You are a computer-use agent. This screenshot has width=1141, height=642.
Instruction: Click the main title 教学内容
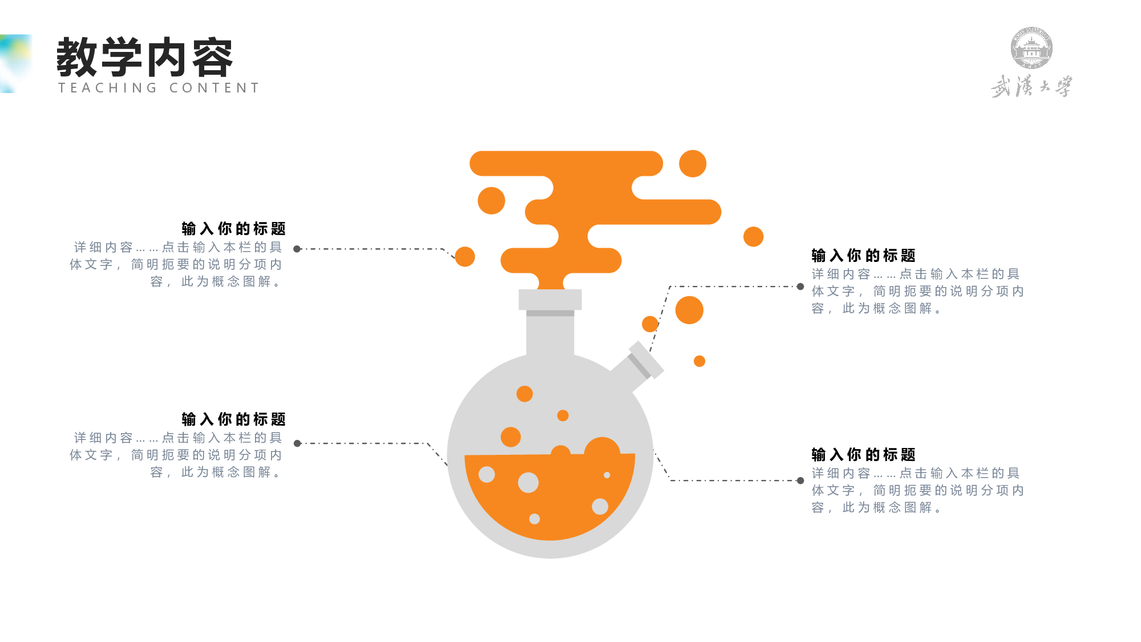[145, 57]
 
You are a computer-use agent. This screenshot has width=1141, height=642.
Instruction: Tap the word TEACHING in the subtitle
[108, 88]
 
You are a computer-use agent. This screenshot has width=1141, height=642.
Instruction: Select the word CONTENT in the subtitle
[215, 88]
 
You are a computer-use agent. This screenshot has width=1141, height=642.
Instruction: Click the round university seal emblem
[1031, 48]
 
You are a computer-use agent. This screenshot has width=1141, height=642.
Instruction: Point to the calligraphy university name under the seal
[1031, 86]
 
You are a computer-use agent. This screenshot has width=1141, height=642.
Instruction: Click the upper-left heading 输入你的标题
[233, 229]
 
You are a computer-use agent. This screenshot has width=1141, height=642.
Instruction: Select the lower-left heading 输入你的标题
[233, 419]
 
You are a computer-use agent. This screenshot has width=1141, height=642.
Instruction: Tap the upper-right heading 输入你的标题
[863, 256]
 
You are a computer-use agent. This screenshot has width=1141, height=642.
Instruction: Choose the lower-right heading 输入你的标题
[863, 455]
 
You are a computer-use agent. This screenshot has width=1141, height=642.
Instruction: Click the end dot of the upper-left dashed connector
[297, 249]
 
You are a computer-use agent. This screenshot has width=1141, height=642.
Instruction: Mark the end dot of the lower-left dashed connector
[297, 443]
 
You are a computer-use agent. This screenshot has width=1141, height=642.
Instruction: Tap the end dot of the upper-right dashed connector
[800, 286]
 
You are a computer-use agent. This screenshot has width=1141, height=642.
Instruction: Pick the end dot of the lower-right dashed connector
[800, 481]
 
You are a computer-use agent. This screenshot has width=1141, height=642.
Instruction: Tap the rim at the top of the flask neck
[550, 300]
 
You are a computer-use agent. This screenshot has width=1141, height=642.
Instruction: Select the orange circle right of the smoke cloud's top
[693, 164]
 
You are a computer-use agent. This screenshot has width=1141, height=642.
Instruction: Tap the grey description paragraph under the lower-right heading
[917, 490]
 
